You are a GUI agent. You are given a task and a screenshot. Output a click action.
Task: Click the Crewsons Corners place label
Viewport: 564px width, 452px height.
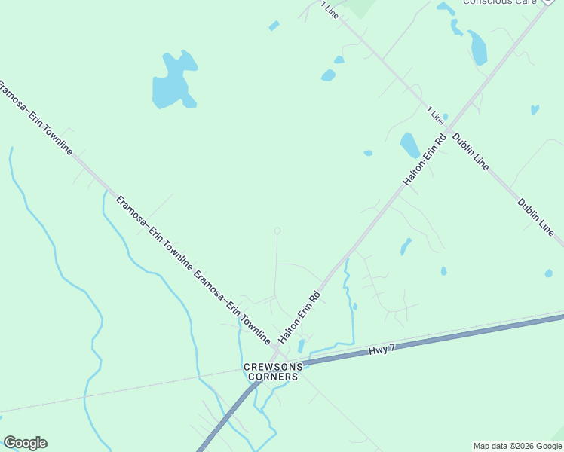[273, 371]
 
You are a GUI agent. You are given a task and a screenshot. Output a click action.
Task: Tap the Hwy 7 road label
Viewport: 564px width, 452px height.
[382, 350]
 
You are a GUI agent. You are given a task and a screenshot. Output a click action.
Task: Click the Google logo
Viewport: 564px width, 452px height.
[25, 443]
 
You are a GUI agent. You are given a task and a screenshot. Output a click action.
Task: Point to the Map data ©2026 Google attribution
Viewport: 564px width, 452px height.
[516, 446]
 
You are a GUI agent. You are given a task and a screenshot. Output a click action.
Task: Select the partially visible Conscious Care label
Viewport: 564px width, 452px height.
[498, 2]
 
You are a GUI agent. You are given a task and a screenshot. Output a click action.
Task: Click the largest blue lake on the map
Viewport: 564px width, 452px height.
[173, 81]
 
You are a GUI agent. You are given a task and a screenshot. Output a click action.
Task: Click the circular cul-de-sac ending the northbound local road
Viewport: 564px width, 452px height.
[277, 231]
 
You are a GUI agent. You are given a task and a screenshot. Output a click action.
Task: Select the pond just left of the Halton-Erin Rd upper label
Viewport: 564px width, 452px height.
[409, 144]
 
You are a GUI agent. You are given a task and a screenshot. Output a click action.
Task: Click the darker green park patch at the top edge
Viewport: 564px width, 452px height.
[362, 8]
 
